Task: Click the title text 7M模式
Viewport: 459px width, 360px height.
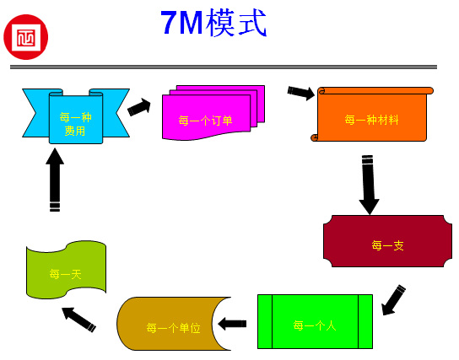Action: pyautogui.click(x=213, y=24)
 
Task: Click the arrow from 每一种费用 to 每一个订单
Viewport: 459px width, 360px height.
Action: pyautogui.click(x=139, y=107)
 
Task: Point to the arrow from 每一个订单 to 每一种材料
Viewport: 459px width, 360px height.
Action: pyautogui.click(x=301, y=91)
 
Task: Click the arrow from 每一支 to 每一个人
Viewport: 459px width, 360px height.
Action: pyautogui.click(x=393, y=299)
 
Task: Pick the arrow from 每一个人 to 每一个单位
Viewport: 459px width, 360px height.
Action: pyautogui.click(x=232, y=323)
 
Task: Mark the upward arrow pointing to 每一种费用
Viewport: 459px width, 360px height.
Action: pyautogui.click(x=55, y=179)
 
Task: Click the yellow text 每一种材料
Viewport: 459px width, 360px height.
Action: pyautogui.click(x=372, y=120)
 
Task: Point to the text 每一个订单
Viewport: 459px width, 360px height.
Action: pyautogui.click(x=205, y=121)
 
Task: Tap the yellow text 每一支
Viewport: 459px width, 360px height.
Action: pyautogui.click(x=387, y=245)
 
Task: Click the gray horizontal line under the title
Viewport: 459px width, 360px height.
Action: pyautogui.click(x=224, y=67)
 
